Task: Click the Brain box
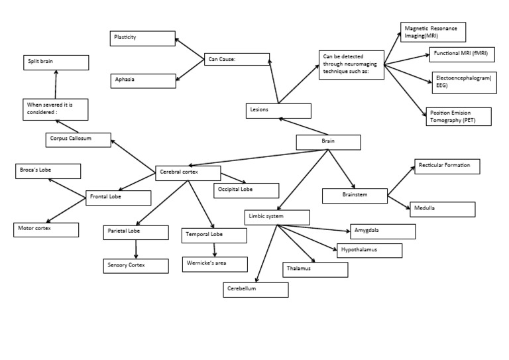[328, 143]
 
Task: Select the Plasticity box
[142, 38]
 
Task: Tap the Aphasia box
[142, 80]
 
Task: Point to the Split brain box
[56, 62]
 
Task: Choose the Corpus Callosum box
[78, 140]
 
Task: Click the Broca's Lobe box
[48, 171]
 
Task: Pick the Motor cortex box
[46, 229]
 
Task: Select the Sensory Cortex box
[136, 266]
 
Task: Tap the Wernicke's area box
[215, 265]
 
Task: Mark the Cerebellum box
[255, 290]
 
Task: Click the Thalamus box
[315, 270]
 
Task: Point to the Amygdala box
[382, 231]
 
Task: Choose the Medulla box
[442, 210]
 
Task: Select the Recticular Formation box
[447, 166]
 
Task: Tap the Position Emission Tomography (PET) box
[459, 117]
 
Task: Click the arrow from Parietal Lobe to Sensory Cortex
[136, 249]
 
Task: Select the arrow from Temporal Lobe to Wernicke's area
[214, 250]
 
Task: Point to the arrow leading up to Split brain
[56, 84]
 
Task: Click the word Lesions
[257, 110]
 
